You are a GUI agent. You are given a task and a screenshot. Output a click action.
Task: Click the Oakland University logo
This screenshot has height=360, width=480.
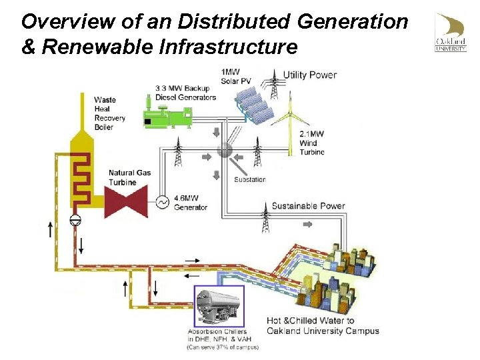coord(451,32)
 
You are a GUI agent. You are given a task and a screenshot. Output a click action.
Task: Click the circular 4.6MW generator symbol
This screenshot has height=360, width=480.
coord(161,201)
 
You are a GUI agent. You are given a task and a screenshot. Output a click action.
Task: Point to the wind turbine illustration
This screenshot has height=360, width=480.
coord(291,123)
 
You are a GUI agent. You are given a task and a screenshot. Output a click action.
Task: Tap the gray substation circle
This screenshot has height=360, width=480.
coord(225,151)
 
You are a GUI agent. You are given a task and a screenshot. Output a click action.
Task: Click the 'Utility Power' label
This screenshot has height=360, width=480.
coord(310,75)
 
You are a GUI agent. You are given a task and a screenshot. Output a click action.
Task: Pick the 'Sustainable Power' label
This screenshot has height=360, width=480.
coord(308,205)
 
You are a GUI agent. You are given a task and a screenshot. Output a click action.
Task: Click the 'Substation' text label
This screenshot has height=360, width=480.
coord(250,179)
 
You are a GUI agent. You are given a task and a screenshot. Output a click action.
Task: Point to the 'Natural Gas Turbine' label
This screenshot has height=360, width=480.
coord(129,177)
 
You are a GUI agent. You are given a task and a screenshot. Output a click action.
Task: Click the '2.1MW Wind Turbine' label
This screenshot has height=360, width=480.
coord(312,143)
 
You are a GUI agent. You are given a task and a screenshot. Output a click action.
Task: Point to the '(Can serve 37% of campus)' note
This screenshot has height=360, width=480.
coord(222,347)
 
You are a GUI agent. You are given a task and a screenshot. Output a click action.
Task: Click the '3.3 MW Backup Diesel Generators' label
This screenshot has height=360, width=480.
coord(185,93)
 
